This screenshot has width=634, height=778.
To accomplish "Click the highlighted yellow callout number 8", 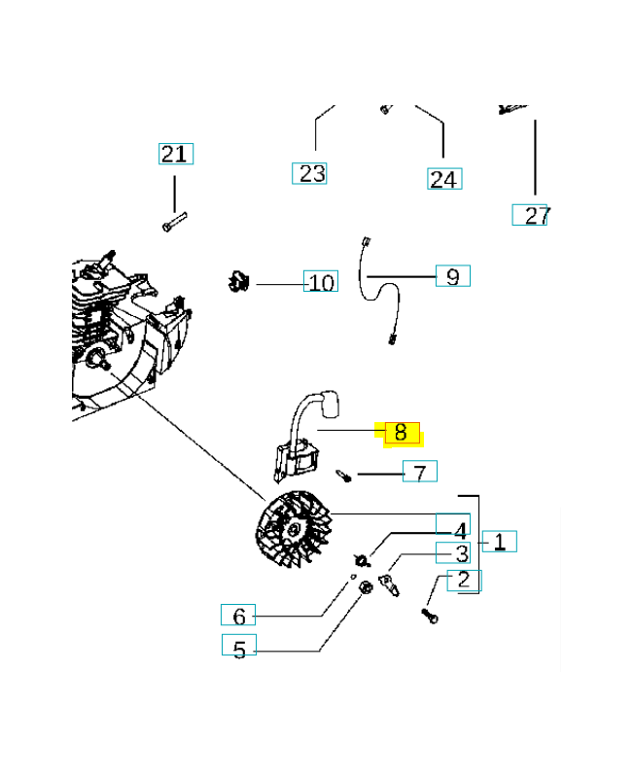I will (x=401, y=432).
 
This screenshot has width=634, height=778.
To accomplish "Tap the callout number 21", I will (x=175, y=154).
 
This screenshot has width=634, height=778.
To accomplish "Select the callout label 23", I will (x=310, y=174).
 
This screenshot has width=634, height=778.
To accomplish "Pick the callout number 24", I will (x=443, y=179).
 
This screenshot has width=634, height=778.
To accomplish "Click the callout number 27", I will (x=535, y=215).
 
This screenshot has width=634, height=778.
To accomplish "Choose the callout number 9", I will (x=452, y=276).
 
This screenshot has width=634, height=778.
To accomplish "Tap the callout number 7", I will (x=419, y=473).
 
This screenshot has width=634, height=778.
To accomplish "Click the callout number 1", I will (x=499, y=542).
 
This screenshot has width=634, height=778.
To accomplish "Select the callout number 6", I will (x=238, y=616).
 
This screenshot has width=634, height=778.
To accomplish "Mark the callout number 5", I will (x=239, y=648).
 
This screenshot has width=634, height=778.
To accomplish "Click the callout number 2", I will (x=464, y=581).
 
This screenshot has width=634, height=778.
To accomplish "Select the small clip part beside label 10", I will (x=236, y=281).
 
